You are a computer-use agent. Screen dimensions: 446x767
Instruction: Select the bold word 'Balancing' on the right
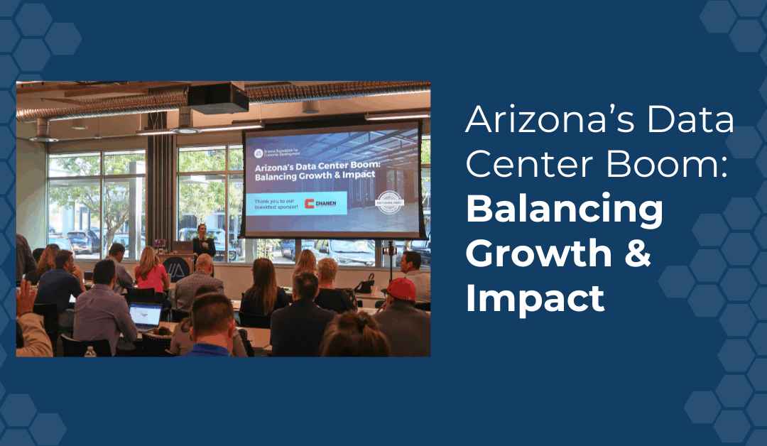[x=565, y=209]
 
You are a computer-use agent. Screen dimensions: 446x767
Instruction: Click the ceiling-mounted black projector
[x=217, y=98]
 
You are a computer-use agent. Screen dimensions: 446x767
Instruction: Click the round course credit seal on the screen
[x=389, y=202]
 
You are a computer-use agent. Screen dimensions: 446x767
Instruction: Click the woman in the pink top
[x=151, y=271]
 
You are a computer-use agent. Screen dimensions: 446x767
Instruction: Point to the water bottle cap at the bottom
[x=89, y=349]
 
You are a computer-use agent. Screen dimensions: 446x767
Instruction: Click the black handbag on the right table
[x=366, y=285]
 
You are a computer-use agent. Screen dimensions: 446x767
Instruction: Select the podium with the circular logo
[x=175, y=268]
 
